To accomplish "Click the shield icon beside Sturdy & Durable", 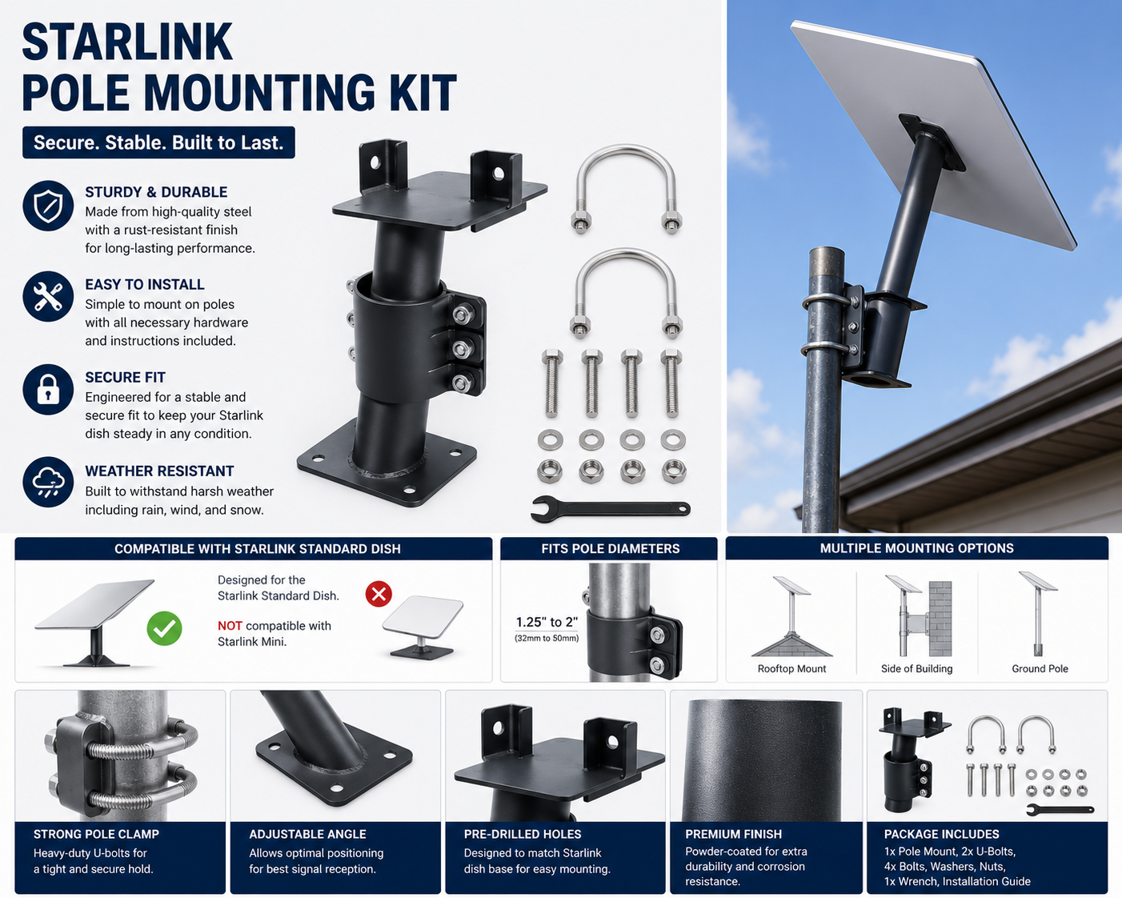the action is (x=48, y=206).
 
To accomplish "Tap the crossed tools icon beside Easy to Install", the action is (x=48, y=296).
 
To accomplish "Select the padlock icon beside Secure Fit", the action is (x=48, y=390).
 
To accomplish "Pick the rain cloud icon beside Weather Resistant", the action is (x=48, y=483).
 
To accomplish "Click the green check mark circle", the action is (x=164, y=628).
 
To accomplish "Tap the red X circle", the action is (x=379, y=594).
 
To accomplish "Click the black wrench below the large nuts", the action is (x=611, y=509).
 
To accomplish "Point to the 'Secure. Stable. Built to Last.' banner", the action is (x=158, y=142).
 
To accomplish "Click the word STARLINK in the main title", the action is (x=127, y=42).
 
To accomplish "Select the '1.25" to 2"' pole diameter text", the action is (x=547, y=622).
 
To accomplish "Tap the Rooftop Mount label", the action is (x=791, y=668).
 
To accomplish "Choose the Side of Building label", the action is (x=916, y=668).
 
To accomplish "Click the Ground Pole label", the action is (x=1040, y=668).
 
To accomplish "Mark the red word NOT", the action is (x=230, y=626).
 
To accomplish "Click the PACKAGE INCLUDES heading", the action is (x=942, y=835).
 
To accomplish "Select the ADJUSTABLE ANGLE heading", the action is (x=307, y=835).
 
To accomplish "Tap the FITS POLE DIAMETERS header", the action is (x=610, y=548).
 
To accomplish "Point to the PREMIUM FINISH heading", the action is (x=733, y=835).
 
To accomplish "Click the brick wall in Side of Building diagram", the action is (x=940, y=619).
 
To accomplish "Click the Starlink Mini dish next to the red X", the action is (x=423, y=627).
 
